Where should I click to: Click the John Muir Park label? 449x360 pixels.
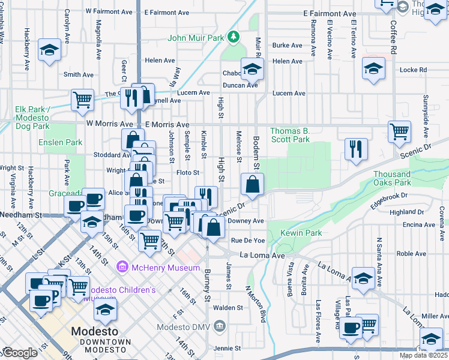point(196,38)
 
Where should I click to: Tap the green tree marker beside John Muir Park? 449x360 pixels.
point(234,38)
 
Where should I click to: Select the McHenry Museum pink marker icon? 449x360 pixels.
point(122,266)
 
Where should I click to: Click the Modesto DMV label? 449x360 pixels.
point(184,327)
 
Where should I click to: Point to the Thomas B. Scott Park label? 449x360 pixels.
point(290,135)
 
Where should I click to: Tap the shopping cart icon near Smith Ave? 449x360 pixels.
point(82,100)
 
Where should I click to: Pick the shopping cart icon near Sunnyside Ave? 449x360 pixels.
point(399,131)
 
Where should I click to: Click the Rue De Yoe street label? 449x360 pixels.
point(248,241)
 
